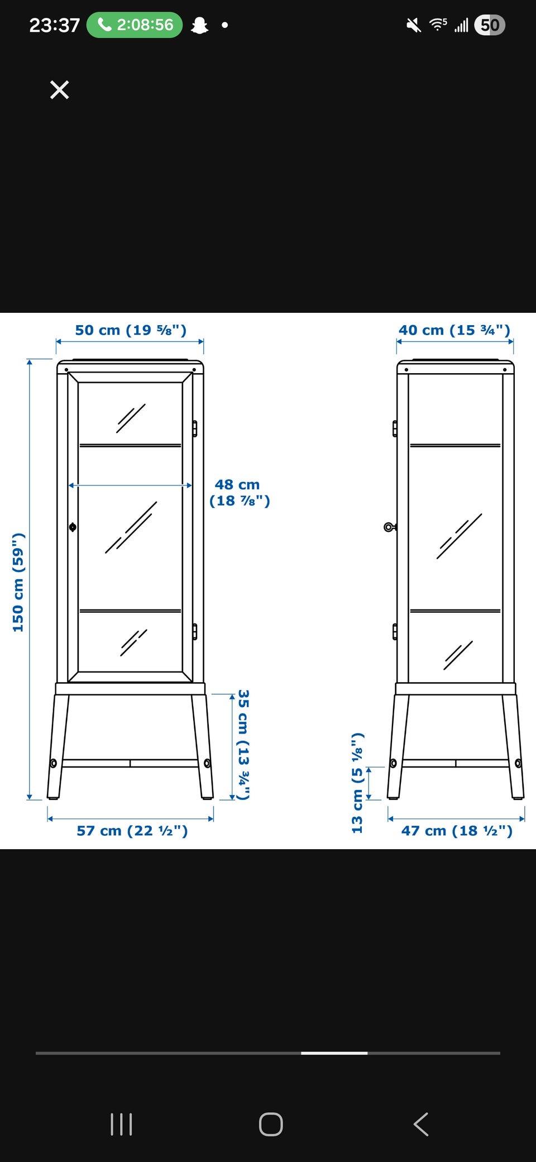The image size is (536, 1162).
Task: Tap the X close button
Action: [59, 90]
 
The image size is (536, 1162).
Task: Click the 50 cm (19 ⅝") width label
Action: [131, 330]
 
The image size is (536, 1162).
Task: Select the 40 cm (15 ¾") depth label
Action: [454, 330]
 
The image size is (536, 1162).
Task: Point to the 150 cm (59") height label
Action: [18, 582]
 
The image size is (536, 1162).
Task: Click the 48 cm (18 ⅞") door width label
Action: [240, 493]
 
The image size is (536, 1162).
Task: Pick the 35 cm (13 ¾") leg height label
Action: [243, 745]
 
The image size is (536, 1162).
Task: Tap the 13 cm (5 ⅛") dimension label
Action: [357, 783]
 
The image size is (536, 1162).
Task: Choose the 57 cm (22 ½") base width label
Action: [132, 831]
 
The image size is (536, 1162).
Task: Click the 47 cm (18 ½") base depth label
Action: [457, 831]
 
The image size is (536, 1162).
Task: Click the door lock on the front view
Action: [73, 527]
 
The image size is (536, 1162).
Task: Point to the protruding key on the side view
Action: [390, 527]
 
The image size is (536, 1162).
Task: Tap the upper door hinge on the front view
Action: [194, 428]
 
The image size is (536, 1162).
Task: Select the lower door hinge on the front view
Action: [194, 631]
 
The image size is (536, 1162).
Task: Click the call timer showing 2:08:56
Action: [135, 25]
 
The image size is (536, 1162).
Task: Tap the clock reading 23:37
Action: [54, 25]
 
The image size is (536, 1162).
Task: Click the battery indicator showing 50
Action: [490, 25]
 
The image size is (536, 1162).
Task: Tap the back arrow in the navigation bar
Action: [421, 1124]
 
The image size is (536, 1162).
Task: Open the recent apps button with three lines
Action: [121, 1124]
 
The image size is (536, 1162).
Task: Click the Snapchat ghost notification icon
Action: [199, 25]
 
